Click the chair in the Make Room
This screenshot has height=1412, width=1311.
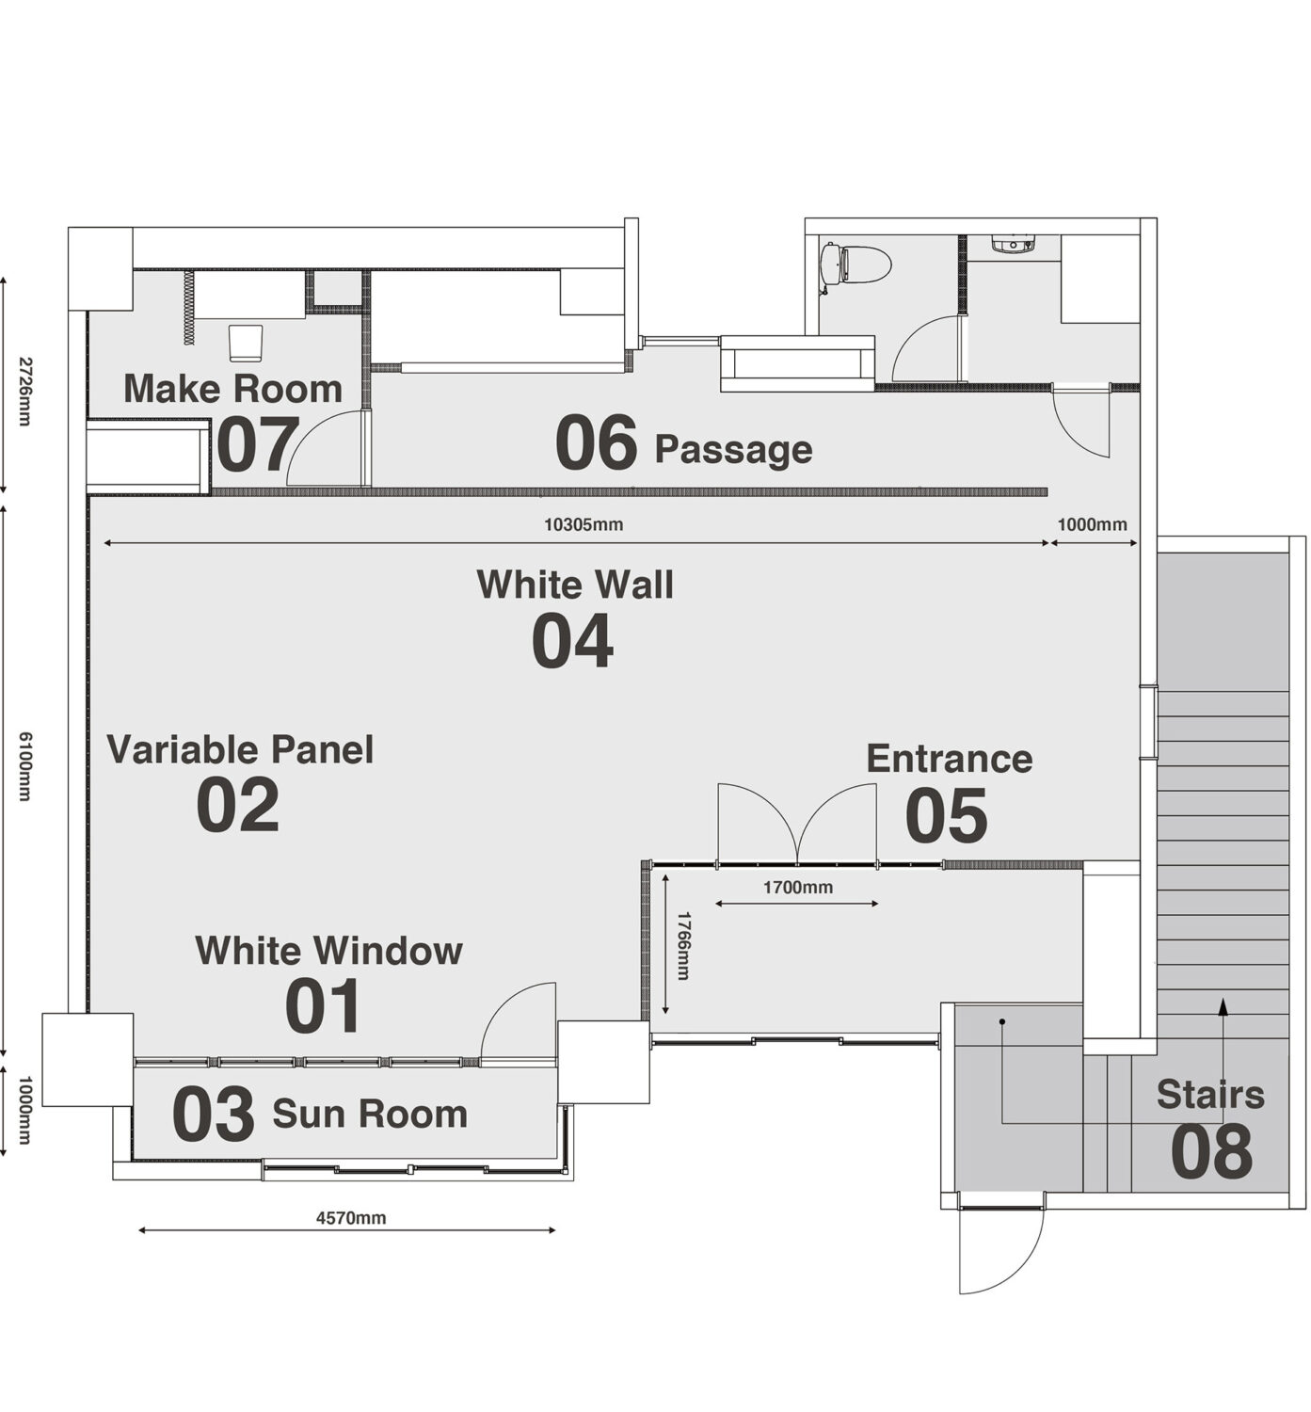246,345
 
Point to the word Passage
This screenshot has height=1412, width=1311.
733,450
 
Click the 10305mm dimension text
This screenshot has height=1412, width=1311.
584,524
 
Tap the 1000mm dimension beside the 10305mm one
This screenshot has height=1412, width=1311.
1092,524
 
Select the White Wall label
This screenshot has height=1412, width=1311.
574,586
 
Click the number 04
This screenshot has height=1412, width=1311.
573,642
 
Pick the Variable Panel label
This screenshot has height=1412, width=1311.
240,751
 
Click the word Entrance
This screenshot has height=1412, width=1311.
949,759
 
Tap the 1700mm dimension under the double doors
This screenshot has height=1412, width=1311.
798,888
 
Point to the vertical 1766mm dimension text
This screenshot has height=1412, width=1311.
683,946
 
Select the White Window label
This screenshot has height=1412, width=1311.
329,952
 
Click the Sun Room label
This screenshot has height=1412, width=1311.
370,1115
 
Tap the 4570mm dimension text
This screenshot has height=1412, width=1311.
351,1218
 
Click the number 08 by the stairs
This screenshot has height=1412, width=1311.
1211,1151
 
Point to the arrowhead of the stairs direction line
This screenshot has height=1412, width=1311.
1223,1005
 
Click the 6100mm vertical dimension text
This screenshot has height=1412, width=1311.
24,766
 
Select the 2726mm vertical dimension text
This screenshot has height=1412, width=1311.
24,391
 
